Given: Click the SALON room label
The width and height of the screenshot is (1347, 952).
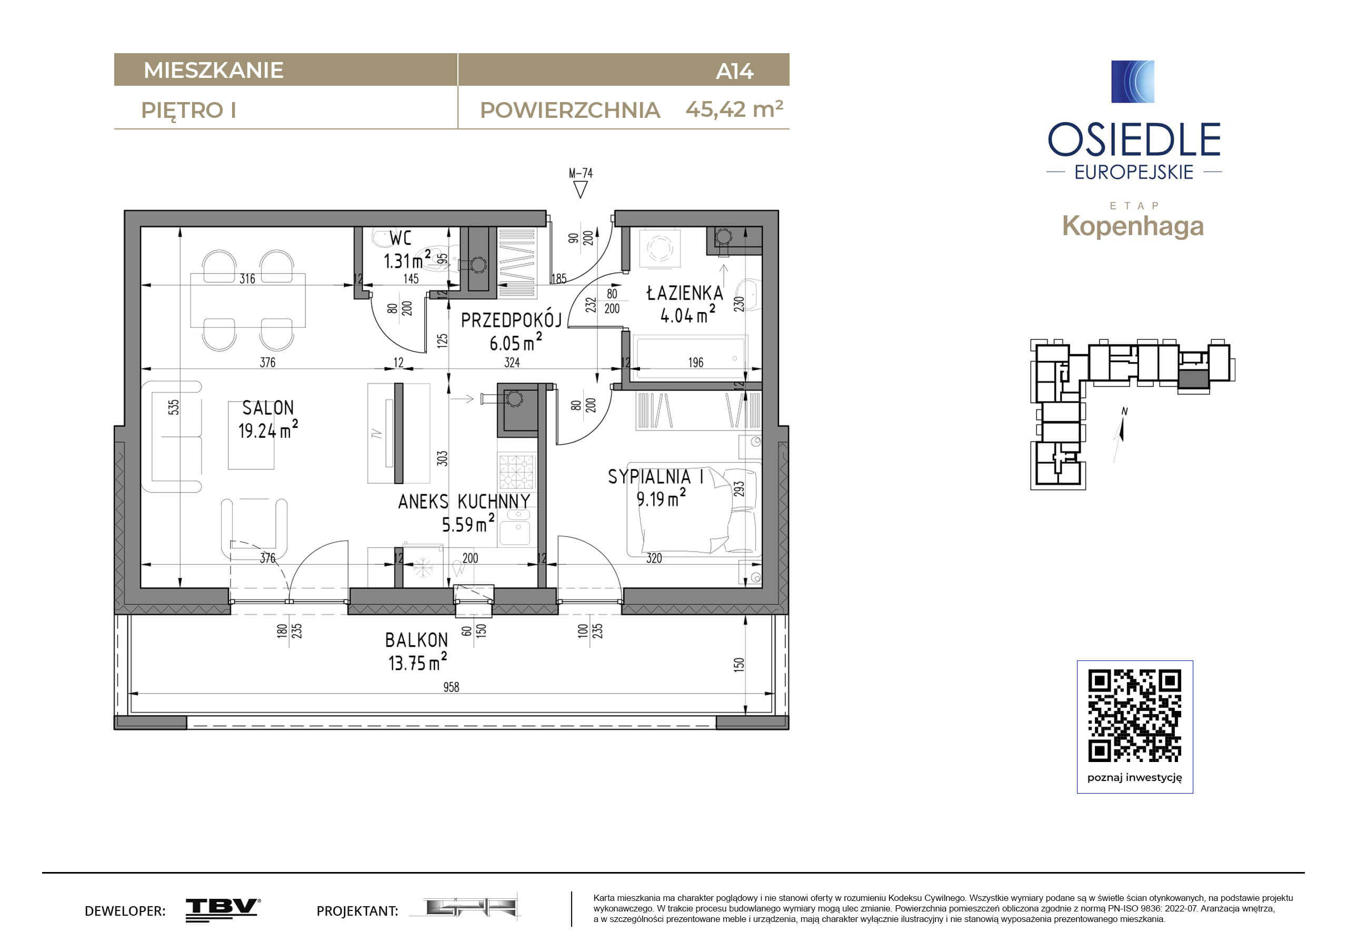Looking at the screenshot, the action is click(267, 408).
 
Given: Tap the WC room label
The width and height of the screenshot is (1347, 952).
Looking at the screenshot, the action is click(401, 238).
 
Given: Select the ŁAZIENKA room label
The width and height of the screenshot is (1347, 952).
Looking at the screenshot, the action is click(684, 293).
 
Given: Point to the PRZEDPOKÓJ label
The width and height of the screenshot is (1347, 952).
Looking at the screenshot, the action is click(511, 320).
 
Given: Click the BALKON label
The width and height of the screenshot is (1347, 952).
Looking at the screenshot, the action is click(416, 640).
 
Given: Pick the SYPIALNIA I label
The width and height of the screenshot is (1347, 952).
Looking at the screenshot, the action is click(655, 477).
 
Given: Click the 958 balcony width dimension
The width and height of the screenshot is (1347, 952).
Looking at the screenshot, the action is click(451, 687).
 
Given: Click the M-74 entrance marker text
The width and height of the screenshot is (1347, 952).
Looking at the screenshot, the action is click(580, 174).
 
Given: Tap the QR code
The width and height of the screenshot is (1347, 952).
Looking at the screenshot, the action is click(1135, 716).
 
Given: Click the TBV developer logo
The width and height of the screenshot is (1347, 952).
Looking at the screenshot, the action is click(223, 909).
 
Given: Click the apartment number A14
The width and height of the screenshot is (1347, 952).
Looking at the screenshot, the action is click(734, 72).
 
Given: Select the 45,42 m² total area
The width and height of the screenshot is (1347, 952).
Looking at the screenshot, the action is click(734, 109).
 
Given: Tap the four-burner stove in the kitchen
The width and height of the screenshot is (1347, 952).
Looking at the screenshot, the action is click(517, 471).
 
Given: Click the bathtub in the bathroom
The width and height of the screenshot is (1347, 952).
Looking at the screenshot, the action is click(690, 357).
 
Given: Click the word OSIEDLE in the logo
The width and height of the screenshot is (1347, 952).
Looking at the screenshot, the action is click(1134, 139).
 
